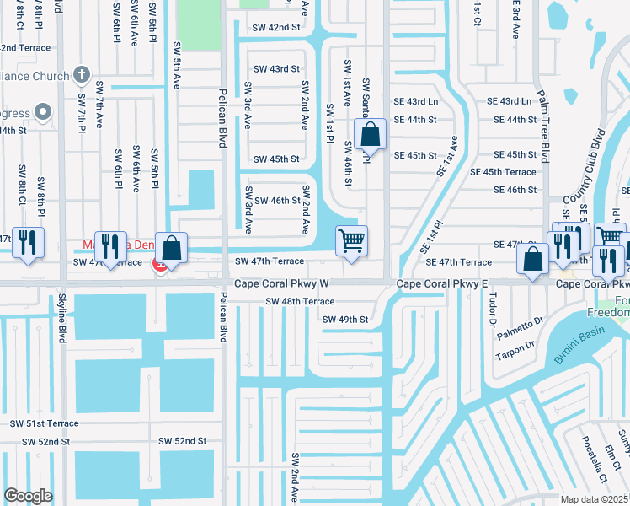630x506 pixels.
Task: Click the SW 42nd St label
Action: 276,27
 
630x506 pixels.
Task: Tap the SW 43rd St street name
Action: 276,69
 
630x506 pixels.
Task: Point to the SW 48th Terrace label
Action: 300,301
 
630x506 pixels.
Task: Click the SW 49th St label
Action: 345,320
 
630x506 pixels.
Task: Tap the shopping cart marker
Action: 351,240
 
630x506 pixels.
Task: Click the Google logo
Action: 28,496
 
